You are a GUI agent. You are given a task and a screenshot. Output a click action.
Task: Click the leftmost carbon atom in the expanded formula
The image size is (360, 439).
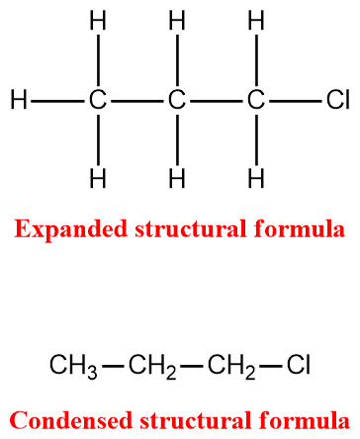97,100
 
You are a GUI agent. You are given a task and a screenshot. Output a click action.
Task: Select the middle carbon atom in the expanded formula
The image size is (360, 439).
176,100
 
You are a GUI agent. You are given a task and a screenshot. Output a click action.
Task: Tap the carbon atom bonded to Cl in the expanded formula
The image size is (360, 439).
255,100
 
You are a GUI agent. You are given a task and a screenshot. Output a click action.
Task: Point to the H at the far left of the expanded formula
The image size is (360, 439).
17,100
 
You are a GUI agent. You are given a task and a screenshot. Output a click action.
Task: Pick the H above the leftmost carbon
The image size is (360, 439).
97,20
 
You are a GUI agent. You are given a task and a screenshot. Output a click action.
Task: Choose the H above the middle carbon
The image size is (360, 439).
176,20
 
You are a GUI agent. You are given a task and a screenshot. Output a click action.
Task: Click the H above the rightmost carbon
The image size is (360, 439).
255,20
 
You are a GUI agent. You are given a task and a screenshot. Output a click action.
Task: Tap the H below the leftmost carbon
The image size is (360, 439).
97,179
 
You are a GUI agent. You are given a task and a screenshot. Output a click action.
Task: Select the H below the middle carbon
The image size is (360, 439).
176,179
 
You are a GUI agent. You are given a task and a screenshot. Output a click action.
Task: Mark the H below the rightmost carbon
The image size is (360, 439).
255,179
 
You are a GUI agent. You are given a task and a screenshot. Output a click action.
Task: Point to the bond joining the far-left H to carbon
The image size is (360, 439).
56,100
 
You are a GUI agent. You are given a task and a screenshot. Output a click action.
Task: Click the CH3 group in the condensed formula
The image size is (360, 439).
73,368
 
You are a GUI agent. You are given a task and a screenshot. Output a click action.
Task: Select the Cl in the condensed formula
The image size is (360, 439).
299,367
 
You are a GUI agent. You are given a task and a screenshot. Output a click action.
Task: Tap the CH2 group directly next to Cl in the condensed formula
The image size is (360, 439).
230,368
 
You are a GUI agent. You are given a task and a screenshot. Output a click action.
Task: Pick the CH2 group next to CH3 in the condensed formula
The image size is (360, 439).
152,368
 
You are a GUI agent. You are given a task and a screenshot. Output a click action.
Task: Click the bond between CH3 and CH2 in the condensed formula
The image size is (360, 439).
113,368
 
